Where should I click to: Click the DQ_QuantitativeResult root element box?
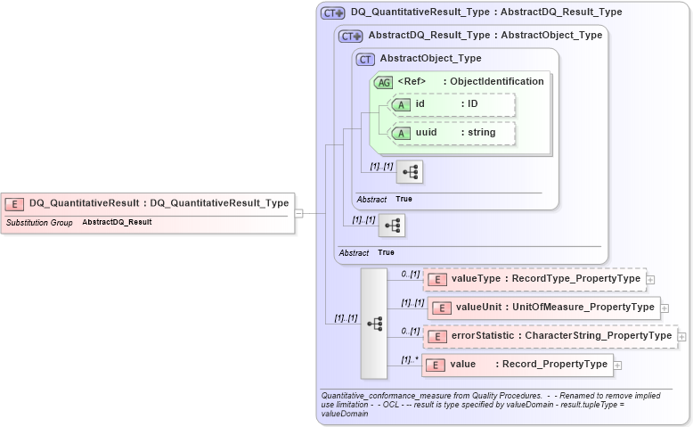click(148, 203)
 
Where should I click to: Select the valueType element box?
click(534, 279)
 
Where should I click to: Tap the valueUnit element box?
click(543, 308)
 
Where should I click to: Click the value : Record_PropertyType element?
click(516, 365)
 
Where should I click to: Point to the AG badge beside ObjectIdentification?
click(384, 82)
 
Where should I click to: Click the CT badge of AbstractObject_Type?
click(364, 60)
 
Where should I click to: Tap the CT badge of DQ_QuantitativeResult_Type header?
click(332, 12)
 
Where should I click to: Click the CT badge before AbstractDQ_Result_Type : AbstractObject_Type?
click(349, 36)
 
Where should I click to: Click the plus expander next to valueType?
click(650, 280)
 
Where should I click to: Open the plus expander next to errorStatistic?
click(682, 337)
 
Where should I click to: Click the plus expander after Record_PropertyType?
click(617, 365)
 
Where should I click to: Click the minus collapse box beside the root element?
click(299, 213)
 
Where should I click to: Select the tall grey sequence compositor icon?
click(373, 323)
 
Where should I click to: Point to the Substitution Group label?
click(39, 222)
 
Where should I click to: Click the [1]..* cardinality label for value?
click(410, 360)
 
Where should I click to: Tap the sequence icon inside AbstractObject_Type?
click(409, 172)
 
